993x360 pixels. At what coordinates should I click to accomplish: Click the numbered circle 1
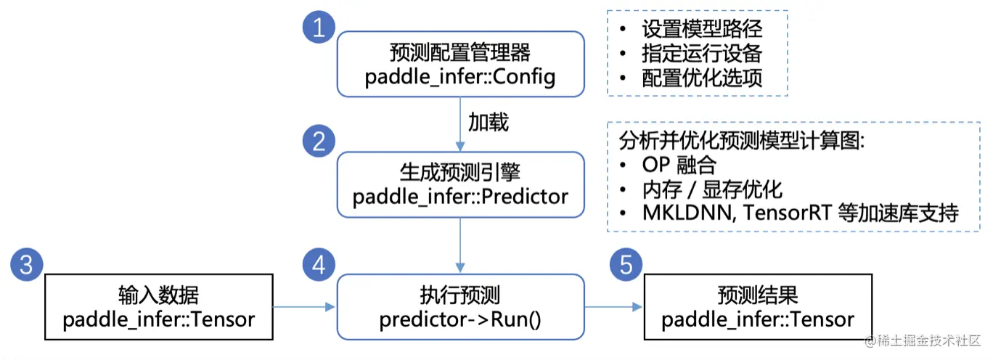pyautogui.click(x=319, y=27)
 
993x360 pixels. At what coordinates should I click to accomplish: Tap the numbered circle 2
pyautogui.click(x=319, y=141)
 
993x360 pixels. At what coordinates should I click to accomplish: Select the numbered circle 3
pyautogui.click(x=27, y=265)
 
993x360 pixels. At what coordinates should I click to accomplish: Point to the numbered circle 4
pyautogui.click(x=319, y=265)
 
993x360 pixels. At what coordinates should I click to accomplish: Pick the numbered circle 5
pyautogui.click(x=626, y=265)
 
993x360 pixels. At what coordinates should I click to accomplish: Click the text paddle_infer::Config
pyautogui.click(x=460, y=77)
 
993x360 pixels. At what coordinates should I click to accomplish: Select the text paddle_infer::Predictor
pyautogui.click(x=460, y=197)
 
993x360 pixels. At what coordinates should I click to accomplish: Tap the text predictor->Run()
pyautogui.click(x=460, y=319)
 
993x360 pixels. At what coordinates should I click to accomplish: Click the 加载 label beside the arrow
pyautogui.click(x=489, y=122)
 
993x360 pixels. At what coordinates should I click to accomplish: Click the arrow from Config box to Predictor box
pyautogui.click(x=460, y=124)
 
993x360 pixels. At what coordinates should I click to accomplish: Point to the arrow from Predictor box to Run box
pyautogui.click(x=460, y=245)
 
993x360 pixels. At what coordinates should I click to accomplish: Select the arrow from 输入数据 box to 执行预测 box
pyautogui.click(x=304, y=307)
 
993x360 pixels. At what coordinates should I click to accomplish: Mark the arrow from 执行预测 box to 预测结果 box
pyautogui.click(x=613, y=307)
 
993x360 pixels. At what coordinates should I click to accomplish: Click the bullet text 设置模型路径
pyautogui.click(x=702, y=29)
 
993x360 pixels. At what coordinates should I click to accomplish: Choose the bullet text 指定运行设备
pyautogui.click(x=702, y=54)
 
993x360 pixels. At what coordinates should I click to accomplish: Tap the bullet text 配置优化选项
pyautogui.click(x=702, y=78)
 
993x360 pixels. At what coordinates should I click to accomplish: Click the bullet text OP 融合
pyautogui.click(x=679, y=165)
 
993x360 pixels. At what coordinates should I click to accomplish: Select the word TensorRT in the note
pyautogui.click(x=788, y=213)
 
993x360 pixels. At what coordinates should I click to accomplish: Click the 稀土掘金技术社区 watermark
pyautogui.click(x=923, y=340)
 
